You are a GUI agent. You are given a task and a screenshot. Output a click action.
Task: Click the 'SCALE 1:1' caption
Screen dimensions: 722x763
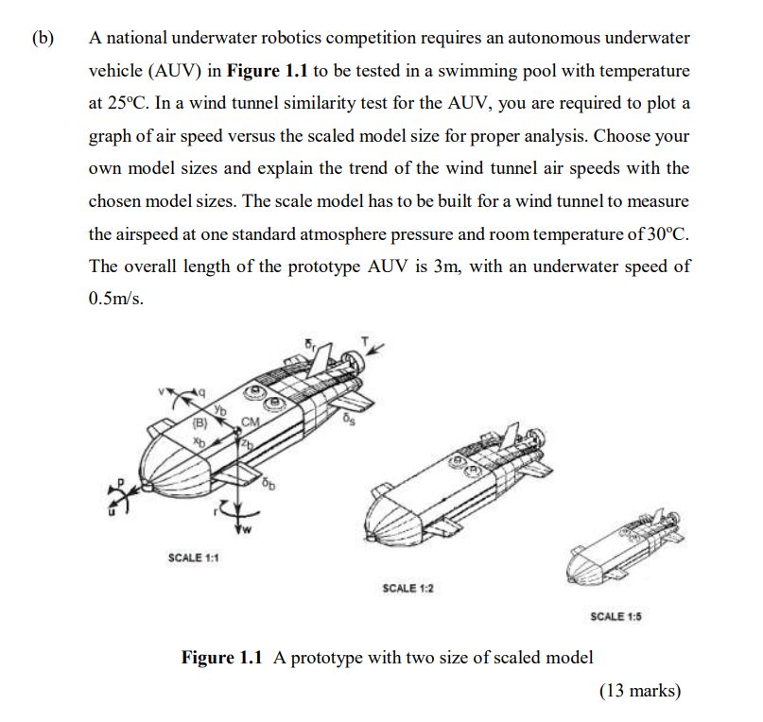point(194,558)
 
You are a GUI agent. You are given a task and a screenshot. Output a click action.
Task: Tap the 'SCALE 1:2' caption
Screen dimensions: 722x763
point(408,588)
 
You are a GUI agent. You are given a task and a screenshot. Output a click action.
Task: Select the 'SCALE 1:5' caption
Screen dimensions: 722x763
point(616,616)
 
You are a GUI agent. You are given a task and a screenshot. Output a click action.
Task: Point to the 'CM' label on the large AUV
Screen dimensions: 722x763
point(251,421)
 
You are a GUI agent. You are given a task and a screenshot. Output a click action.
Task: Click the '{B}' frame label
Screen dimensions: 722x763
point(200,422)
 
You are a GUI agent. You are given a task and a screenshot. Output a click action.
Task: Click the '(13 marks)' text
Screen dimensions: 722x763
point(640,691)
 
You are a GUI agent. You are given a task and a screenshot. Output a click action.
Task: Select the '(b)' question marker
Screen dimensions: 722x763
point(42,39)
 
